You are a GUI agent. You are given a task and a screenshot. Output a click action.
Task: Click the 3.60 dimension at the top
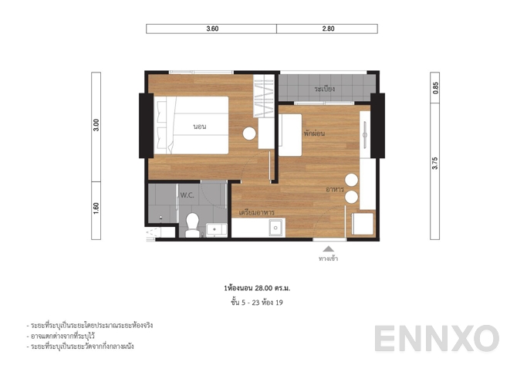pos(212,29)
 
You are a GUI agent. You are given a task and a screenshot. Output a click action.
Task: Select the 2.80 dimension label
pos(328,29)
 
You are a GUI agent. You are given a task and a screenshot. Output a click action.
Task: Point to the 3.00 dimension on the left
pos(96,126)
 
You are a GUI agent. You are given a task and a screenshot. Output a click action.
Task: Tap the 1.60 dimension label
pos(96,209)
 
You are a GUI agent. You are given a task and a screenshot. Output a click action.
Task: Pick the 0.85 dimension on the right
pos(435,88)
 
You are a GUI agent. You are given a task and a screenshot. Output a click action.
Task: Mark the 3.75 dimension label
pos(435,162)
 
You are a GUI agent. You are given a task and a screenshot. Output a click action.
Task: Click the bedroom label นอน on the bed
pos(199,127)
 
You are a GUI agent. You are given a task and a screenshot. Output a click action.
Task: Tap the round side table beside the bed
pos(249,133)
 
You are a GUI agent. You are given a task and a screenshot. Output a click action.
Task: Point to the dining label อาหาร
pos(335,189)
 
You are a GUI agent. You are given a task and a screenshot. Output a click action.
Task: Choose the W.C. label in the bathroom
pos(188,196)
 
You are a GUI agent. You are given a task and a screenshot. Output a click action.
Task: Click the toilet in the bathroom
pos(192,225)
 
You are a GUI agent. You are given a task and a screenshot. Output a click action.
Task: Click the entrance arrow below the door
pos(329,249)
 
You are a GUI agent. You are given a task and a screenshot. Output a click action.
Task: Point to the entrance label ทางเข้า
pos(329,259)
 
